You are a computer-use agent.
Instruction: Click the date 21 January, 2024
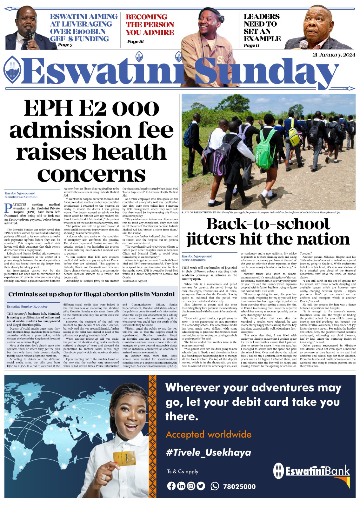click(334, 55)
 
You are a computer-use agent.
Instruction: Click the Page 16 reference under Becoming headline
click(135, 42)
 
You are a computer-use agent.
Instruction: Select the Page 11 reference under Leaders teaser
click(251, 45)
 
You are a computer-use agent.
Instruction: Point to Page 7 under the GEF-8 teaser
click(65, 45)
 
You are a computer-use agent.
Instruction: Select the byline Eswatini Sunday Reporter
click(27, 307)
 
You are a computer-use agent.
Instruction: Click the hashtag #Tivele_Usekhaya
click(208, 452)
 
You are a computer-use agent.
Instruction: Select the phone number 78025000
click(239, 486)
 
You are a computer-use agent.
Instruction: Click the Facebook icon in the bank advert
click(171, 486)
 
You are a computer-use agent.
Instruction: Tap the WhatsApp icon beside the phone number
click(215, 486)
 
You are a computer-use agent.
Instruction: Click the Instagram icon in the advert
click(191, 486)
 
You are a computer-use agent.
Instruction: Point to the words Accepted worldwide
click(208, 434)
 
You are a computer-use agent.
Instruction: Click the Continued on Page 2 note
click(135, 281)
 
